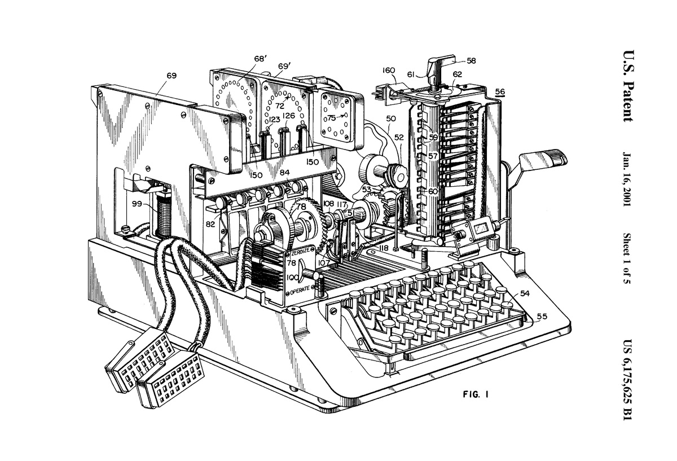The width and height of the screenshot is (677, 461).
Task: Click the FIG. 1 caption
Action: [476, 394]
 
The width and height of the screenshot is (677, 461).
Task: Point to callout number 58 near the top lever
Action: [471, 61]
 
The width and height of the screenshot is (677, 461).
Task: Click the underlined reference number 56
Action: [500, 91]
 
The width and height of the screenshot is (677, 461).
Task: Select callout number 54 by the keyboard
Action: [525, 293]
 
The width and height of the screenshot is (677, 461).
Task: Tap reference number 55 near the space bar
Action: [542, 316]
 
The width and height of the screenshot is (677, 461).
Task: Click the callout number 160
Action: [389, 71]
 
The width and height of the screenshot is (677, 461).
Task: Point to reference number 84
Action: [284, 172]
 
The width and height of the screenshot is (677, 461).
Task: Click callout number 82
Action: [210, 225]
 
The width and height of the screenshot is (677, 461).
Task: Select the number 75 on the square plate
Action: [332, 118]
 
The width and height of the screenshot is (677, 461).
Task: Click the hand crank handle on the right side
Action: [543, 158]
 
